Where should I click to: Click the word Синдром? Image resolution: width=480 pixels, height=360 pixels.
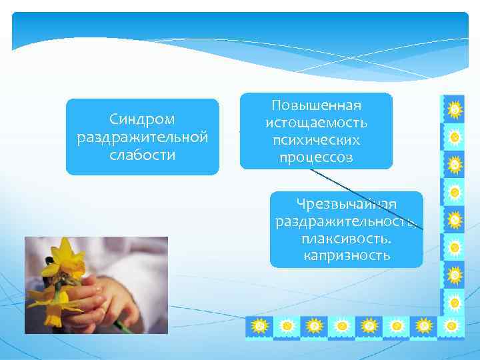click(142, 119)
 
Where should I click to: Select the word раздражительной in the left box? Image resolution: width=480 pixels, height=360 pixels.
click(142, 137)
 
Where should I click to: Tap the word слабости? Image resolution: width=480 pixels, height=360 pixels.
click(142, 155)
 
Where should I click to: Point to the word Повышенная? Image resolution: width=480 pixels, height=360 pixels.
click(316, 106)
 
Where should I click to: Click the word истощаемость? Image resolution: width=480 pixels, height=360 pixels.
click(316, 123)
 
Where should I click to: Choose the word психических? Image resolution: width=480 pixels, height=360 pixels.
click(316, 141)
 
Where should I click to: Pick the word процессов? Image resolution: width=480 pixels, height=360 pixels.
click(316, 158)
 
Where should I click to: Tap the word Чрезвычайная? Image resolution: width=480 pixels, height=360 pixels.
click(347, 204)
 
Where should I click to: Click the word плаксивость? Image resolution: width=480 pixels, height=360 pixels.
click(347, 239)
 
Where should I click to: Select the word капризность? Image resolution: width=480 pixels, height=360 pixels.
click(347, 256)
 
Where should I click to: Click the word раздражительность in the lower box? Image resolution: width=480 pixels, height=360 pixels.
click(347, 221)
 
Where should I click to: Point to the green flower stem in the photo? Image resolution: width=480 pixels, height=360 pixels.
click(120, 325)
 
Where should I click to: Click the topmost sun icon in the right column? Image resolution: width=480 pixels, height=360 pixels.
click(454, 109)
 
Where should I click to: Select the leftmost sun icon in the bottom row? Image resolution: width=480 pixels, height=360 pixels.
click(260, 326)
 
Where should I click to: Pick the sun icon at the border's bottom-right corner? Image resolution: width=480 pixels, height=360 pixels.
click(453, 326)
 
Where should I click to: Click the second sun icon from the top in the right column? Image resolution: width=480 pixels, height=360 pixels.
click(454, 137)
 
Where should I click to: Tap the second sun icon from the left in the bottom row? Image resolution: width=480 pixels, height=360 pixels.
click(287, 326)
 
